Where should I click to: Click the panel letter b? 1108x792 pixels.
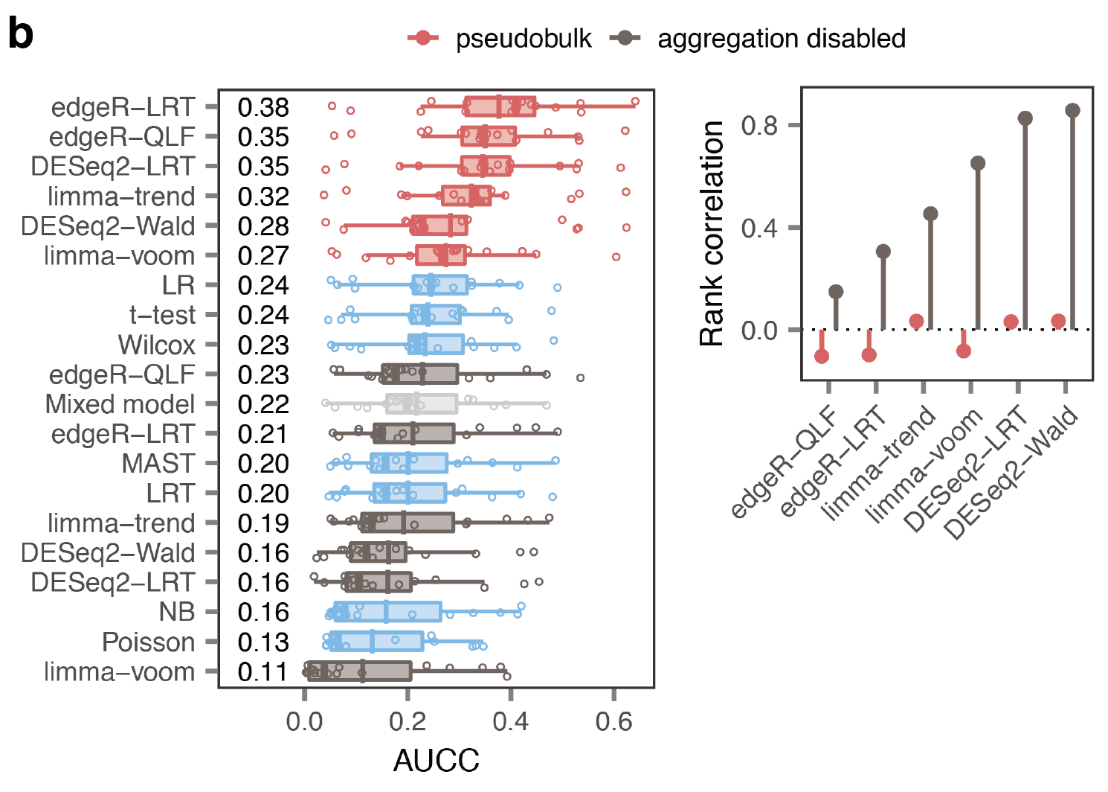(x=21, y=34)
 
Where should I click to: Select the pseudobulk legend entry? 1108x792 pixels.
(x=499, y=39)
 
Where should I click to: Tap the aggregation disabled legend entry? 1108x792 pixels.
(x=757, y=39)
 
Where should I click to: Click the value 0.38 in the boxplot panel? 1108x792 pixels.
(x=263, y=108)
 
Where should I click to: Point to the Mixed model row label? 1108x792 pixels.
(x=120, y=404)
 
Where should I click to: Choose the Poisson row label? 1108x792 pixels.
(x=148, y=642)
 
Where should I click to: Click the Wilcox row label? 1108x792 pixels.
(x=156, y=345)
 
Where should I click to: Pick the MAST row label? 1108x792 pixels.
(x=158, y=464)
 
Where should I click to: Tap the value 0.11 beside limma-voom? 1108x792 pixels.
(x=263, y=672)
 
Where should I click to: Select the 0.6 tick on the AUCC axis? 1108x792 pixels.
(x=613, y=721)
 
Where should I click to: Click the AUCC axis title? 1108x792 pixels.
(x=436, y=761)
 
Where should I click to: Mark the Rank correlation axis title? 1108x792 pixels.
(x=712, y=233)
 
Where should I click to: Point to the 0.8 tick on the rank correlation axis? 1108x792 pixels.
(x=759, y=125)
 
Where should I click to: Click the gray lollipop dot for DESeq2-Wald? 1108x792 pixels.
(x=1072, y=111)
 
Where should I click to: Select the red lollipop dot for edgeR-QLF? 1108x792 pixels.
(x=822, y=357)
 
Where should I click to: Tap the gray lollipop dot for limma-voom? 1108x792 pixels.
(x=978, y=163)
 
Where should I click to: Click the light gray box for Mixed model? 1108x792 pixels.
(x=422, y=404)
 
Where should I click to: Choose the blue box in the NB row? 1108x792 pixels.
(x=387, y=612)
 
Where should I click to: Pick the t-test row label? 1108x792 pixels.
(x=162, y=316)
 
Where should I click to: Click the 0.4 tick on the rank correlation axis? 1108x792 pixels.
(x=759, y=227)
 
